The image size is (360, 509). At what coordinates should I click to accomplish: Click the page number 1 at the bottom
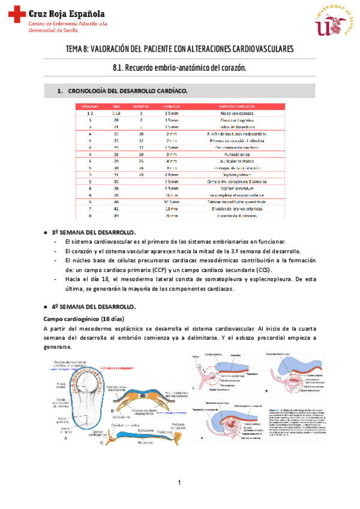(179, 483)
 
